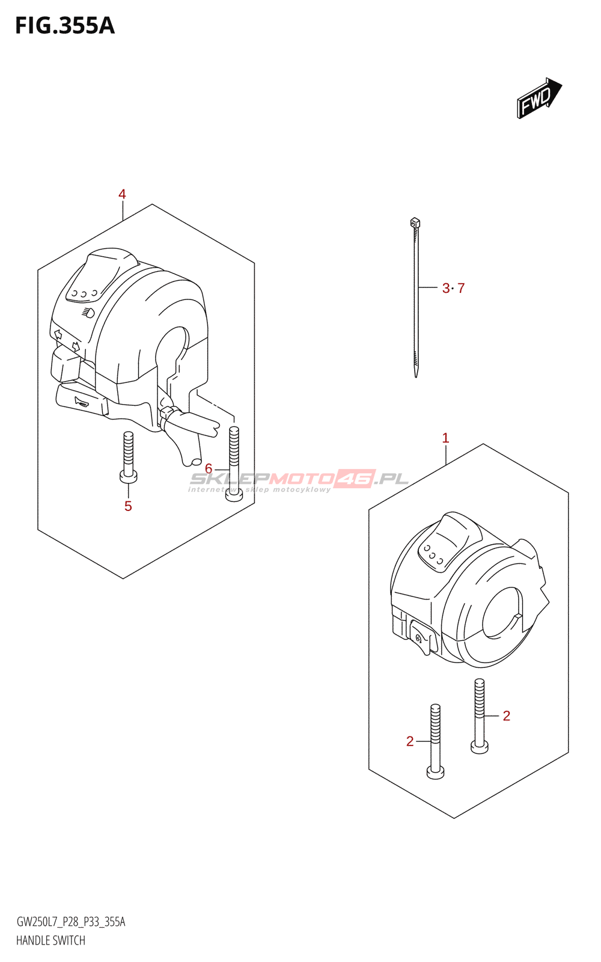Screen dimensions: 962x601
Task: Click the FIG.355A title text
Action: tap(64, 26)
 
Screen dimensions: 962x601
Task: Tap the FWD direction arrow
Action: tap(538, 97)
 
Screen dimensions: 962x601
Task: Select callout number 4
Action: tap(122, 194)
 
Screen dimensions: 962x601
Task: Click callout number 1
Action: tap(445, 438)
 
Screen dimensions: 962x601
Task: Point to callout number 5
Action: tap(128, 506)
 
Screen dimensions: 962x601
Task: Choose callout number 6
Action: tap(209, 468)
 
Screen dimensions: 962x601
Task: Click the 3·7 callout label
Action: tap(453, 289)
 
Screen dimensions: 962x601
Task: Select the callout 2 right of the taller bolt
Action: tap(506, 715)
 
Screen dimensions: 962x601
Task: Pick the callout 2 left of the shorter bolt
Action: tap(410, 741)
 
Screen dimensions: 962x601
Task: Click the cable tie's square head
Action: tap(415, 223)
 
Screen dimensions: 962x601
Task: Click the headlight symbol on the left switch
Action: tap(88, 313)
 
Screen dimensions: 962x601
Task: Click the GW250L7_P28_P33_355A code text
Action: tap(70, 922)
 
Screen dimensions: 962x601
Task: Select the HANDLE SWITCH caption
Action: tap(50, 940)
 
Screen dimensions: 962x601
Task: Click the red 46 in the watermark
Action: tap(355, 479)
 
